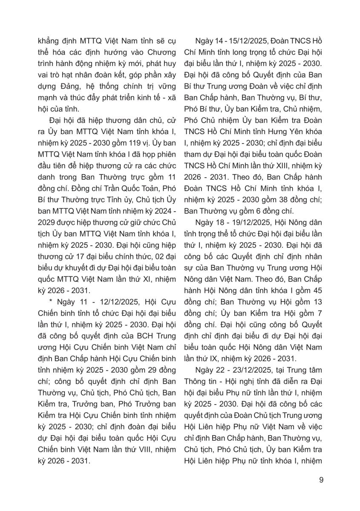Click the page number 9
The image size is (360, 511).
321,481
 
